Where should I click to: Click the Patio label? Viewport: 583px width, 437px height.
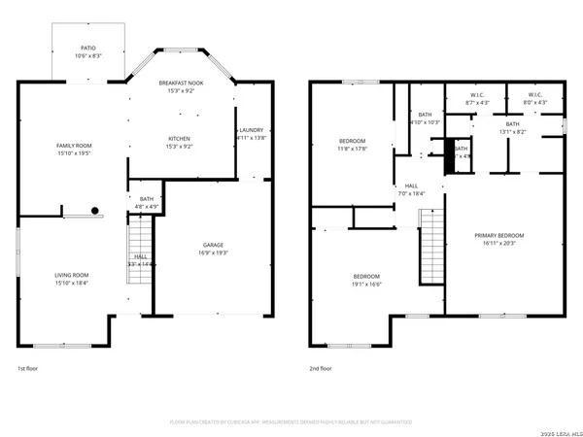87,46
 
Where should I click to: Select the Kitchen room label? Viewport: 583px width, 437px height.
179,138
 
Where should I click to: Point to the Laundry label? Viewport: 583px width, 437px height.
251,129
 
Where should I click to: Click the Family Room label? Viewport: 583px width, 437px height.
73,145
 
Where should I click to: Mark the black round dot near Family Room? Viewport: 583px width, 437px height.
95,211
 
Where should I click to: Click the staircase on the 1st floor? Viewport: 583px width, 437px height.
141,252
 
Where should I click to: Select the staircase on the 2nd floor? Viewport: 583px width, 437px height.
430,248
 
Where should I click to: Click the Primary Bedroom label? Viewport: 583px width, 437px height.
498,235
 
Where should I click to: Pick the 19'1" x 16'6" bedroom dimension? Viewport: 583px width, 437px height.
366,284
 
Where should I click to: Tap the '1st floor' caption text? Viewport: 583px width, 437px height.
29,369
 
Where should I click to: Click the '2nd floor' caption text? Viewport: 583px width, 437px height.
321,369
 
